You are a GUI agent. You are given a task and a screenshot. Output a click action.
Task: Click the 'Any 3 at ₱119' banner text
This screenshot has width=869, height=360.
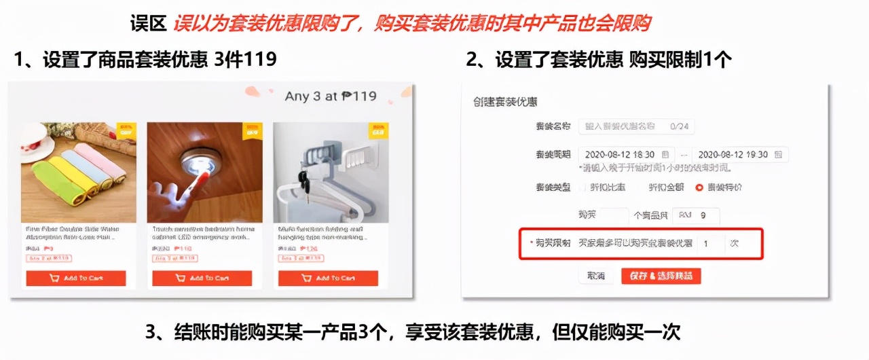330,96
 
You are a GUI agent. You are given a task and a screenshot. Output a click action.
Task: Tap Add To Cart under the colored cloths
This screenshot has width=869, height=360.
76,278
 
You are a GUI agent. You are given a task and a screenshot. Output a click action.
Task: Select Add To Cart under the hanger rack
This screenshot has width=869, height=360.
328,278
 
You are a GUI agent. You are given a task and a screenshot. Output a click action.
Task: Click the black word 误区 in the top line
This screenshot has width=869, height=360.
148,24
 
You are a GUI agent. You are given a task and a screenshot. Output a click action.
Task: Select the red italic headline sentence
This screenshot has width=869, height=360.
411,24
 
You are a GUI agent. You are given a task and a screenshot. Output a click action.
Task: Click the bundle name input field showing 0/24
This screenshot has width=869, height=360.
636,126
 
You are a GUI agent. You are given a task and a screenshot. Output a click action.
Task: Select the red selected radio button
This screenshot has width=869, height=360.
699,187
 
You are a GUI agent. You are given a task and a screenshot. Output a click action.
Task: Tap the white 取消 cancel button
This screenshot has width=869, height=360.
595,276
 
